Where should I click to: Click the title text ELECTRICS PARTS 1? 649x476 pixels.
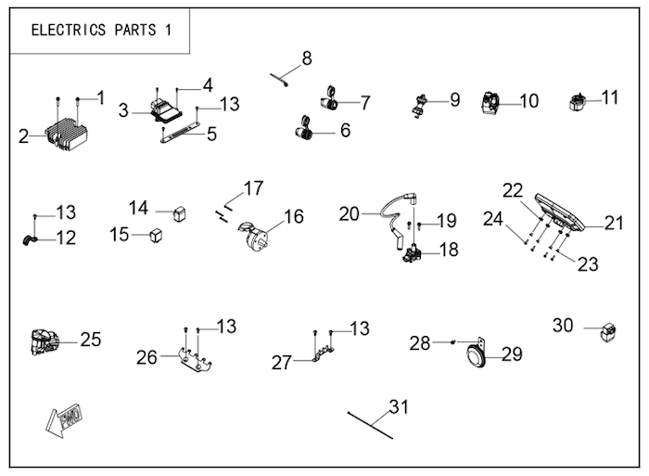click(101, 29)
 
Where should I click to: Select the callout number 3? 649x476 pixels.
click(123, 110)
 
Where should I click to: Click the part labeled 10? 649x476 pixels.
click(491, 103)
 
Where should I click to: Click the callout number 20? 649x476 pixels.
click(349, 213)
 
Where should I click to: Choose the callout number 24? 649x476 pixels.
click(493, 219)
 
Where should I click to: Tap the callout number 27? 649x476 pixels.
click(282, 363)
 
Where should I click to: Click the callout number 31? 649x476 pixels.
click(398, 407)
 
